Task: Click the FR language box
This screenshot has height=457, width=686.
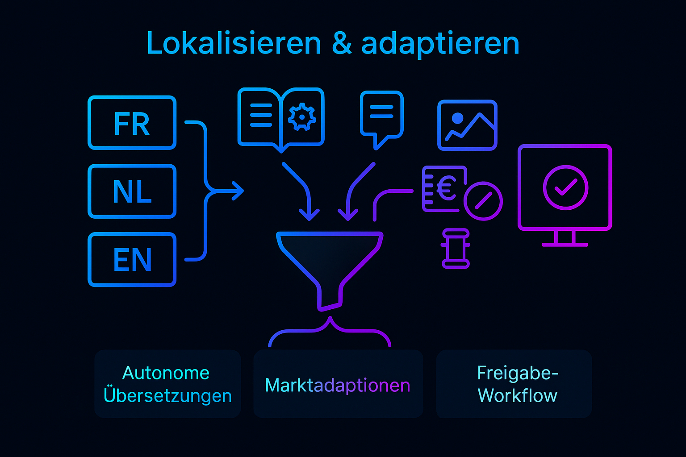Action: click(132, 123)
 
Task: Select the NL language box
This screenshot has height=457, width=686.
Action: click(132, 191)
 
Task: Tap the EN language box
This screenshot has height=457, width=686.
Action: click(132, 260)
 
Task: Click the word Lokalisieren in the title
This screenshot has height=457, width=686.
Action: click(234, 44)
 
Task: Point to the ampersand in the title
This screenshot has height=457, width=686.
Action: click(342, 44)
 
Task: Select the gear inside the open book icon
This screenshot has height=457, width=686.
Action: click(302, 117)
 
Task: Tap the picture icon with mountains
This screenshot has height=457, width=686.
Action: click(467, 125)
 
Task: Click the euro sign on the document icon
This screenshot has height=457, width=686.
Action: click(445, 188)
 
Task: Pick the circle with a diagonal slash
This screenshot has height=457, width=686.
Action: click(483, 201)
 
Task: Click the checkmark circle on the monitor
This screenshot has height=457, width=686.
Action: click(565, 187)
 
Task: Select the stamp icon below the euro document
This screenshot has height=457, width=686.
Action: click(456, 249)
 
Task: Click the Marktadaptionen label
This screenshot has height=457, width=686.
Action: click(338, 385)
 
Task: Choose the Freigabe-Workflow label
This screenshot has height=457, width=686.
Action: click(518, 384)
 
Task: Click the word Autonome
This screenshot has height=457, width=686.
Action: click(166, 373)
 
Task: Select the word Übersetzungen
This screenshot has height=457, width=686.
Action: click(167, 396)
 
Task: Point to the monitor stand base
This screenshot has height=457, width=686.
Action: click(565, 244)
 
